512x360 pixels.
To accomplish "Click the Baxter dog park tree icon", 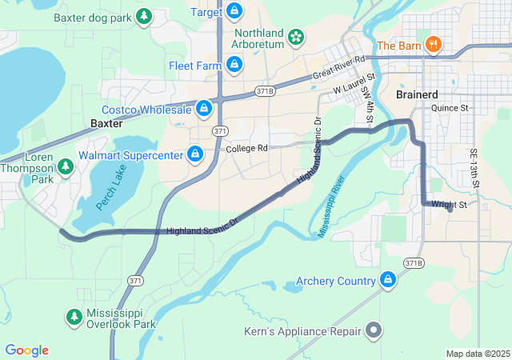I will [x=144, y=16].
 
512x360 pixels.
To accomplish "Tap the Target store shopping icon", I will [x=234, y=11].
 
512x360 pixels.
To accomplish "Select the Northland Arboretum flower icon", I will [x=296, y=37].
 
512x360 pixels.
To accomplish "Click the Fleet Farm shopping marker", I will [x=234, y=64].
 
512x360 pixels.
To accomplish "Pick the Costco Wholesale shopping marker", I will [x=204, y=108].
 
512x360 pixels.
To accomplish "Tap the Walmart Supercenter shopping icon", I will [x=194, y=153].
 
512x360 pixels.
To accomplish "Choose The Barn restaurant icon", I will [x=433, y=45].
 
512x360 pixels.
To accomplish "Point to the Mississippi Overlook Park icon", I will [x=74, y=318].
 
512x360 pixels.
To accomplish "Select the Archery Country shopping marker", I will [x=388, y=280].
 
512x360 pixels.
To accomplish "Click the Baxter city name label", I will [x=106, y=124].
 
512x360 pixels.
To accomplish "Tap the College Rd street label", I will [x=246, y=149].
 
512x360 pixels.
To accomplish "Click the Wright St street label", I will [x=449, y=205].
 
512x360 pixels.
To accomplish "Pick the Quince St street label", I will [x=450, y=107].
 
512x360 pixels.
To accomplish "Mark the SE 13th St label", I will [x=474, y=169].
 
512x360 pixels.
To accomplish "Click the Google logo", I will [x=27, y=350].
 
